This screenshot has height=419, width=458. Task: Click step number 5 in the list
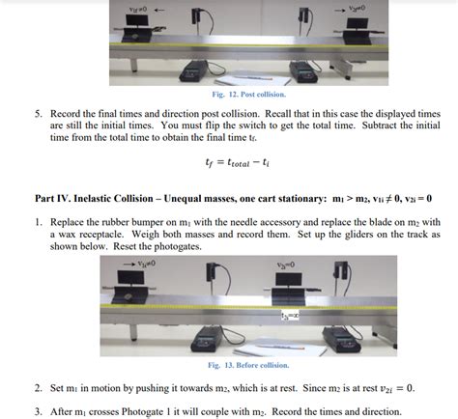[40, 112]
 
